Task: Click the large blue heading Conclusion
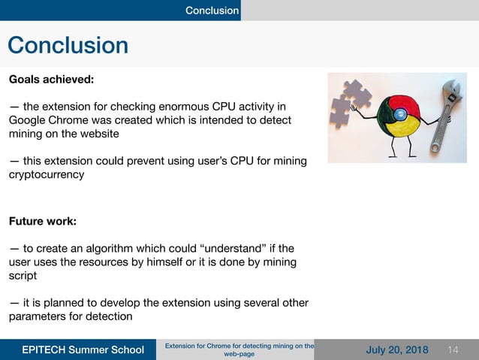pos(68,45)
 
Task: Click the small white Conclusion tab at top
pos(212,11)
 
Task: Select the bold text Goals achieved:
pos(51,78)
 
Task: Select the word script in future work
pos(23,276)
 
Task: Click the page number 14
pos(453,350)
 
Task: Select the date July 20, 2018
pos(396,350)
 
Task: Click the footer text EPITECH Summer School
pos(83,350)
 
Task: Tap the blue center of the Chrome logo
pos(400,114)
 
